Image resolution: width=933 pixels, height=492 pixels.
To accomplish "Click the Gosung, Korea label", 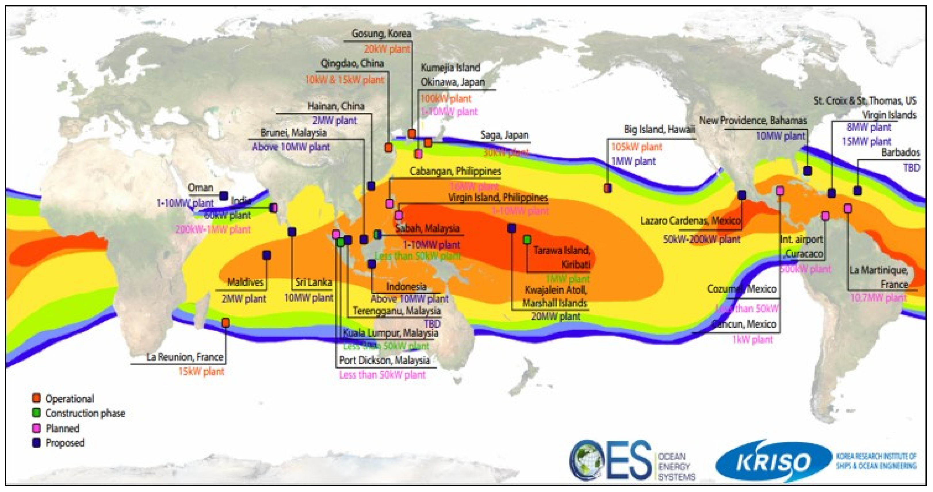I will click(381, 34).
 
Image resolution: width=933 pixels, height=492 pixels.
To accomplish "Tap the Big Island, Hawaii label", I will click(659, 129).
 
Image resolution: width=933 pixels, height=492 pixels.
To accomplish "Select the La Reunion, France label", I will click(184, 357).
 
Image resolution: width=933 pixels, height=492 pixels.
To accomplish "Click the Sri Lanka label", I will click(313, 282).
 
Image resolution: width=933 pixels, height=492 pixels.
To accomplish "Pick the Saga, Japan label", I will click(504, 135).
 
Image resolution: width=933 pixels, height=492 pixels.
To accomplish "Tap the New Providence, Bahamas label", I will click(753, 120).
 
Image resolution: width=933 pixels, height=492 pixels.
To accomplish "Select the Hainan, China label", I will click(336, 106).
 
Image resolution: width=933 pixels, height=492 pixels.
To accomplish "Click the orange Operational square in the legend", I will click(36, 398).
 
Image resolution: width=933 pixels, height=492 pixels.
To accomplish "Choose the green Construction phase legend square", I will click(36, 413).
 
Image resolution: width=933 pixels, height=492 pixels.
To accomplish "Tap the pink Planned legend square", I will click(36, 428).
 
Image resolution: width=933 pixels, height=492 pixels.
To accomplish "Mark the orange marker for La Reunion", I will click(225, 323).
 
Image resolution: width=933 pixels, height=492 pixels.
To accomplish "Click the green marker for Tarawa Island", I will click(527, 239).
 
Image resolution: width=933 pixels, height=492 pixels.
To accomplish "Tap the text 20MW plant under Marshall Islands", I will click(556, 316).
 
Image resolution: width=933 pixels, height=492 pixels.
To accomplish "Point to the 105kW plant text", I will click(636, 147).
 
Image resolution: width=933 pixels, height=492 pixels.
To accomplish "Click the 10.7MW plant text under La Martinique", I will click(878, 298).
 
